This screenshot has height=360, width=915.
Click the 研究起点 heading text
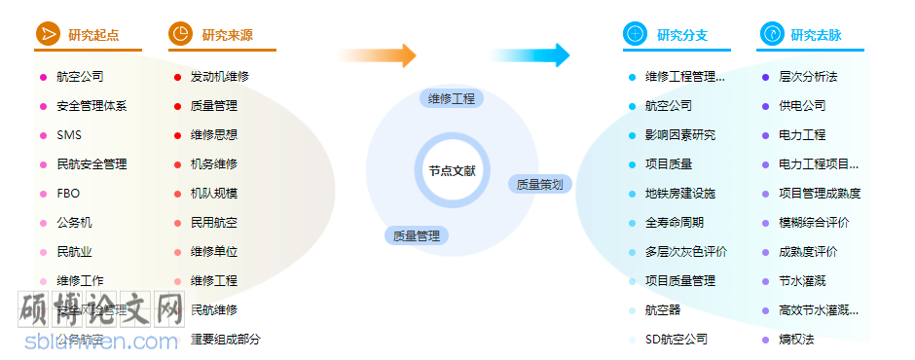[93, 35]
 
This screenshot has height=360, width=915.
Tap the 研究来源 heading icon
[181, 34]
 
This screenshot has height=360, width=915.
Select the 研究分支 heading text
[682, 35]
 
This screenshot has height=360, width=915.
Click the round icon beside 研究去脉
[771, 34]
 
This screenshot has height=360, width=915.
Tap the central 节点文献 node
[453, 170]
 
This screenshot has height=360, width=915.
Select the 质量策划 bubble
[538, 184]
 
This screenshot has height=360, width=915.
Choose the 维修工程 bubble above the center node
[452, 98]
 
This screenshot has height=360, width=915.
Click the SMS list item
[69, 135]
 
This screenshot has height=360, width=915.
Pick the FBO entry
[68, 194]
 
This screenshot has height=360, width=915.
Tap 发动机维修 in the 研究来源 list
[220, 77]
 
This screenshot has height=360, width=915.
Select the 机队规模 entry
[214, 194]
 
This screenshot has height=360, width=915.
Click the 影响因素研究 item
[679, 135]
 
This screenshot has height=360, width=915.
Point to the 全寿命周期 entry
[674, 223]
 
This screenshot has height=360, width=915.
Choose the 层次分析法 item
[808, 77]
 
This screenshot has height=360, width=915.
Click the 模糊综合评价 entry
[814, 223]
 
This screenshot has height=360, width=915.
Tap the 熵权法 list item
[796, 340]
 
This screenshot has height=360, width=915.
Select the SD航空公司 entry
[676, 340]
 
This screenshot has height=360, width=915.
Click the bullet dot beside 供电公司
[766, 106]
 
